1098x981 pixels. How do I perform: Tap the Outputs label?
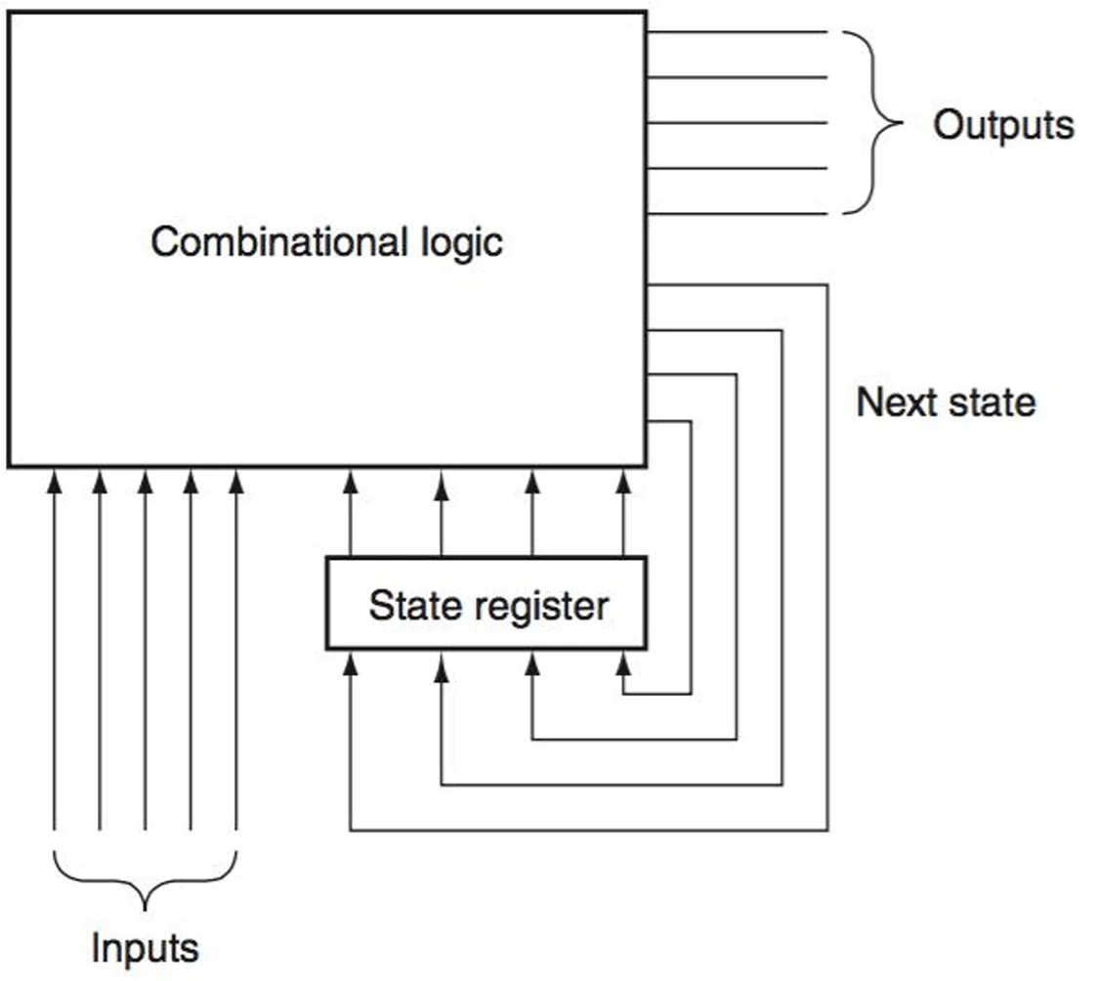tap(1003, 125)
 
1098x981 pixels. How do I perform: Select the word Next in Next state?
tap(898, 403)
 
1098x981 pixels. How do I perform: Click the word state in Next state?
tap(992, 404)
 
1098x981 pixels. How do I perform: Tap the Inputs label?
tap(145, 949)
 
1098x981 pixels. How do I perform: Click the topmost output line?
tap(737, 32)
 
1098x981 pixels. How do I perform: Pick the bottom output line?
tap(737, 213)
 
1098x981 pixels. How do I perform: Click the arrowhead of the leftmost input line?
tap(54, 482)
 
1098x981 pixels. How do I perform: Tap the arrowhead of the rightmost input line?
tap(236, 482)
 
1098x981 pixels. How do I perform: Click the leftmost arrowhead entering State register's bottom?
tap(350, 663)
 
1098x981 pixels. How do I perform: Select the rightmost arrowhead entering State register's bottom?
tap(623, 663)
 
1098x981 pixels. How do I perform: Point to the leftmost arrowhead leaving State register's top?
tap(350, 482)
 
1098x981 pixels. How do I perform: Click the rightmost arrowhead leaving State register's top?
tap(623, 482)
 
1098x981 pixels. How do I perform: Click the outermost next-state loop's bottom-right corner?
tap(827, 831)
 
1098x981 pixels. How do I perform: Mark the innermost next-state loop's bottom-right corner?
tap(692, 694)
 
